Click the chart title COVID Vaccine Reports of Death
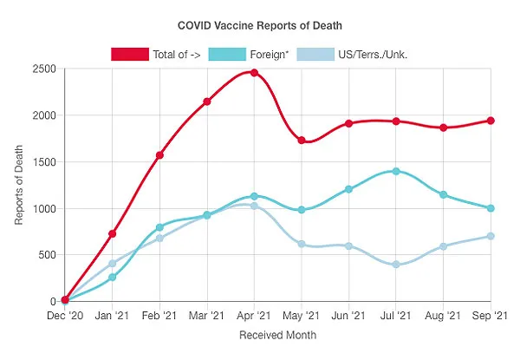click(x=259, y=26)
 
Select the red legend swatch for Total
click(x=129, y=54)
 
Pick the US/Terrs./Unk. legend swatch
click(x=316, y=54)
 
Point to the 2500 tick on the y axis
click(x=42, y=69)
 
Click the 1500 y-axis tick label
click(x=42, y=162)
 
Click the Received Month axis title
click(x=278, y=334)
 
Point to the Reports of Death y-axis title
click(x=19, y=185)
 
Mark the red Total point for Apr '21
click(x=254, y=73)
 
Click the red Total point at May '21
click(x=302, y=140)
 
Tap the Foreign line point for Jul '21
click(x=396, y=171)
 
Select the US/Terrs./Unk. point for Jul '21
click(x=396, y=265)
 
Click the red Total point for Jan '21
click(x=113, y=234)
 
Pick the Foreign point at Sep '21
click(x=491, y=208)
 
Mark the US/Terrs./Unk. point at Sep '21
click(x=491, y=236)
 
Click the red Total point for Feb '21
click(x=159, y=155)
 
